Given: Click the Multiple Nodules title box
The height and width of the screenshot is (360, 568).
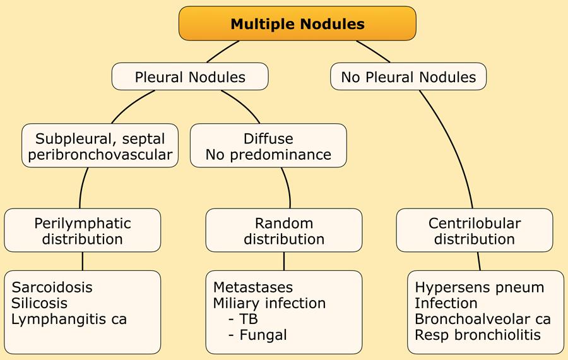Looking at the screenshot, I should pyautogui.click(x=297, y=24).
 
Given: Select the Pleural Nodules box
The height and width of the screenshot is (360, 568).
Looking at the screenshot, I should pyautogui.click(x=190, y=77).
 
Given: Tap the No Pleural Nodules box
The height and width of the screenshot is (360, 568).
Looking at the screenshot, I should pyautogui.click(x=408, y=77).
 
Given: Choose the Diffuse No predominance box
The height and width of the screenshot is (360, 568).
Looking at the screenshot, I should pyautogui.click(x=268, y=146).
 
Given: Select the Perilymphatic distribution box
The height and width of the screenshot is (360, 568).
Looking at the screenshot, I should pyautogui.click(x=83, y=231).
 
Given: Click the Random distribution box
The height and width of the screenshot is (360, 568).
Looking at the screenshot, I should pyautogui.click(x=284, y=231).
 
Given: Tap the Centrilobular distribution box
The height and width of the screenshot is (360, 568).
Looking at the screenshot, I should pyautogui.click(x=475, y=231).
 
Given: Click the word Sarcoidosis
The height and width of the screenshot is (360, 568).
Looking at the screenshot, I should pyautogui.click(x=52, y=287).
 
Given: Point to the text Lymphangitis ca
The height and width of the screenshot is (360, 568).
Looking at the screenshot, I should pyautogui.click(x=69, y=319).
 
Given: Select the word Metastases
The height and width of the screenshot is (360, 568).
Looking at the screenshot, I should pyautogui.click(x=253, y=287).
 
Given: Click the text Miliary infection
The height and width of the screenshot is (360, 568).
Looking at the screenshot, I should pyautogui.click(x=269, y=303).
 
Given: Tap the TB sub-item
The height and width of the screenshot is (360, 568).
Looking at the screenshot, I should pyautogui.click(x=249, y=319).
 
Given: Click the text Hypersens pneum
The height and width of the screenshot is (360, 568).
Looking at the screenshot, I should pyautogui.click(x=479, y=287).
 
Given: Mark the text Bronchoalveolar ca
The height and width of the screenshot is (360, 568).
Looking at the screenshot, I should pyautogui.click(x=482, y=319).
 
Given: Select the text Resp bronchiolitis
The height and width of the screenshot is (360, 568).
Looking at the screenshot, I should pyautogui.click(x=478, y=335).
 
